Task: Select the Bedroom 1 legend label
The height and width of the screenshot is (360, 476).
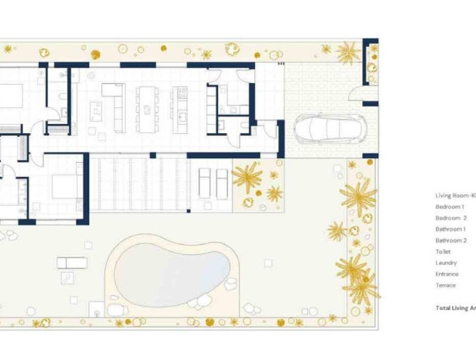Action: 450,206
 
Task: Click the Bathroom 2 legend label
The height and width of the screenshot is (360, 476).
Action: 451,241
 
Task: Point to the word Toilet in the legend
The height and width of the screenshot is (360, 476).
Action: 443,252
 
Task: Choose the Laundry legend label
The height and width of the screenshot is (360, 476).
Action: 446,262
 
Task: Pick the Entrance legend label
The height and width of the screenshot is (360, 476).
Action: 446,274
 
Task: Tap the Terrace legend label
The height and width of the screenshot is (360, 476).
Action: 446,285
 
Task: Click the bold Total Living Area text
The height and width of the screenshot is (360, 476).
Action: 456,308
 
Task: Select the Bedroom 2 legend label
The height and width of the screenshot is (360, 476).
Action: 451,218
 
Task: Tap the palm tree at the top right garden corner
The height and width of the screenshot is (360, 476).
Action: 348,53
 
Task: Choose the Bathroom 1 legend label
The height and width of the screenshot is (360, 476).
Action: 450,229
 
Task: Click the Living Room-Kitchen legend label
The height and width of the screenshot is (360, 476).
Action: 455,195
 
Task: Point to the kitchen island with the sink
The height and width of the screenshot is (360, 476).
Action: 181,107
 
